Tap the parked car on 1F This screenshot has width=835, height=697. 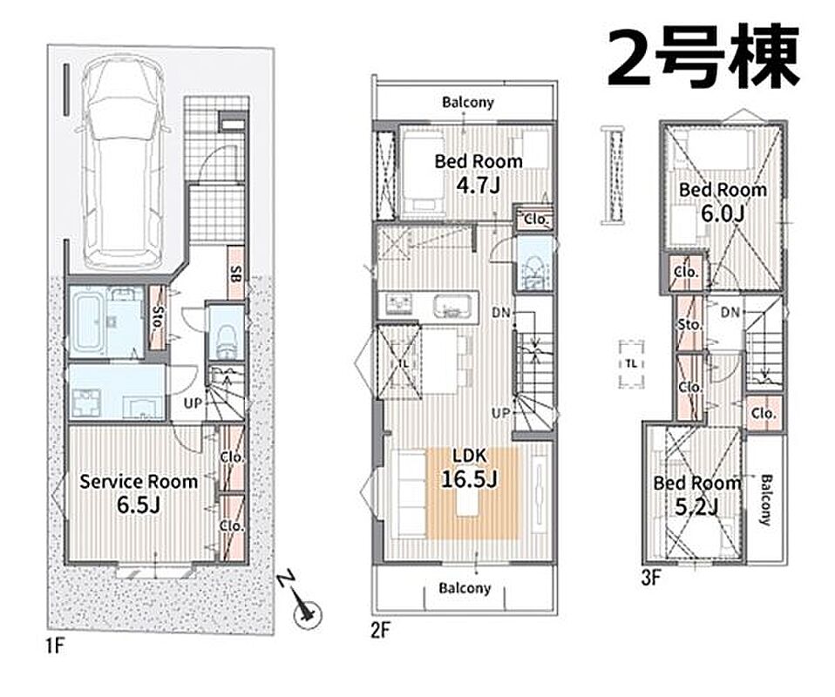tap(123, 162)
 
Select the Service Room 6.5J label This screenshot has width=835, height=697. tap(139, 493)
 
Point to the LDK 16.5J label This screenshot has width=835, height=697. tap(469, 468)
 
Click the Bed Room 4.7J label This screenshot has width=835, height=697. tap(479, 173)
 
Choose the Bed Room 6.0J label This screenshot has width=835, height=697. tap(723, 201)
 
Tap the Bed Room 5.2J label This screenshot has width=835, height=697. tap(697, 495)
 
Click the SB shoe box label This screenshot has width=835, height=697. tap(235, 274)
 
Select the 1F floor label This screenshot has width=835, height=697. tap(54, 646)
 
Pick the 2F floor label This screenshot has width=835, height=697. tap(381, 630)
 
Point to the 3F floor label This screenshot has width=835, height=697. tap(651, 579)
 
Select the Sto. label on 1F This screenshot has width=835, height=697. tap(158, 317)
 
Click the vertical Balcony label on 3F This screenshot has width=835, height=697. tap(764, 500)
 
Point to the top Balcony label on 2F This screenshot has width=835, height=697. tap(468, 102)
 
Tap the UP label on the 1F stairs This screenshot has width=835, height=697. tap(193, 403)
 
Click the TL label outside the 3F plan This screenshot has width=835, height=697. tap(632, 364)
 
